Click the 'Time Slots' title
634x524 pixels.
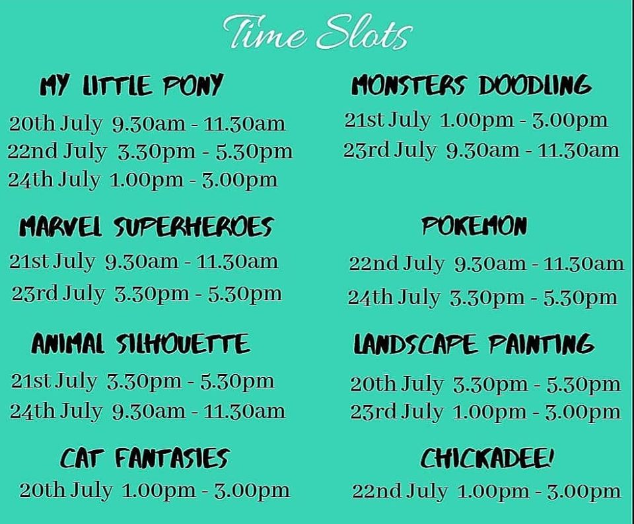tap(318, 32)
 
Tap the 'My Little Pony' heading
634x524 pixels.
tap(131, 85)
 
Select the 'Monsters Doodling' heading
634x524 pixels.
tap(471, 85)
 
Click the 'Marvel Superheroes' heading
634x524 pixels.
tap(147, 226)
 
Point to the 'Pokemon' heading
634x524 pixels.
tap(474, 226)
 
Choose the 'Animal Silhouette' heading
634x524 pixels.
tap(141, 344)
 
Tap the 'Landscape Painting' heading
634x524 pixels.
tap(474, 344)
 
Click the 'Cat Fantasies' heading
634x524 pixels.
tap(145, 458)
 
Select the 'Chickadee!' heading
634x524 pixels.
tap(487, 458)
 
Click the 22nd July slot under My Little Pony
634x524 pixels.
tap(150, 152)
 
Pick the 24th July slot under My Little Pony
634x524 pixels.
tap(143, 180)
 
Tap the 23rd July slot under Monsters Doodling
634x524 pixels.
tap(481, 150)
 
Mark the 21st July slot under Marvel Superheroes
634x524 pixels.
tap(143, 262)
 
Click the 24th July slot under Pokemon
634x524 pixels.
tap(482, 298)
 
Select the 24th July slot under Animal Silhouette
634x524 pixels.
tap(147, 412)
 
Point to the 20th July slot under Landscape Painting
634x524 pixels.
tap(485, 384)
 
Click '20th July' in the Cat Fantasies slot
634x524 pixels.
tap(66, 491)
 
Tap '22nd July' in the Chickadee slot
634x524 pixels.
tap(400, 492)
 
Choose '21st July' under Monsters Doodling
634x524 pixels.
tap(388, 120)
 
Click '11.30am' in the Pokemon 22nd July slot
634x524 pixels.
tap(583, 264)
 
